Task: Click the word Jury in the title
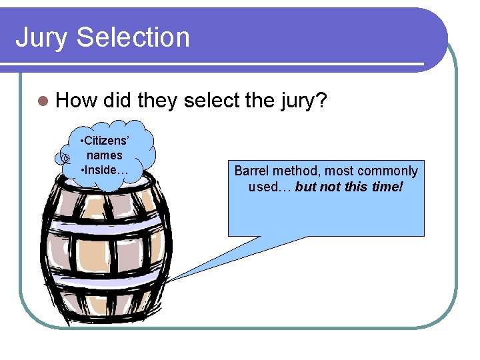coord(41,38)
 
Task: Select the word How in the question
coord(76,101)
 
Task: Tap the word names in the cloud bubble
coord(104,155)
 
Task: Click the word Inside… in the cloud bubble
coord(104,169)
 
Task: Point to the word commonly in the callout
coord(387,171)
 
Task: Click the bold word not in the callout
coord(330,187)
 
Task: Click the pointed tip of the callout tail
coord(167,281)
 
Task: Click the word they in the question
coord(158,101)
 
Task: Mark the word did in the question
coord(117,101)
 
